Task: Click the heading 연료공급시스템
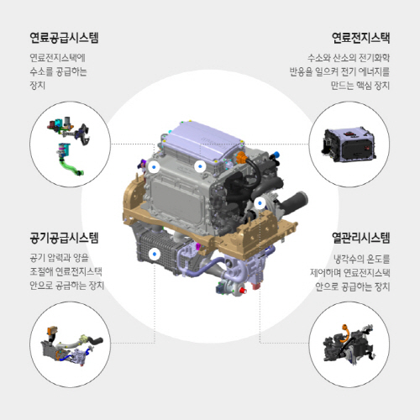[64, 38]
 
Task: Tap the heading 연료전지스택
[360, 38]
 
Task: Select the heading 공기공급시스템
[64, 238]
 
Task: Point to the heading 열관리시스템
[360, 238]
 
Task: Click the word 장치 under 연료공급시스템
[38, 85]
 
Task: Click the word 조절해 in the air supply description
[41, 271]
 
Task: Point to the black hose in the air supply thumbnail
[95, 341]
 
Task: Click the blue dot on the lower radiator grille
[155, 255]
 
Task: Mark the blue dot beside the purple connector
[154, 167]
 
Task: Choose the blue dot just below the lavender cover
[200, 166]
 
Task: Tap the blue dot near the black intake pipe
[260, 203]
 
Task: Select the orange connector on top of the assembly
[241, 157]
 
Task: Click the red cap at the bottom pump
[243, 291]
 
